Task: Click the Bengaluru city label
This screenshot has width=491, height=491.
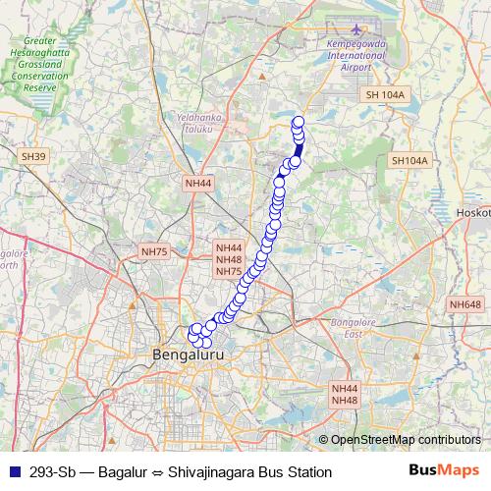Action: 185,353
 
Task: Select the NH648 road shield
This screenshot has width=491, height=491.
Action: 464,305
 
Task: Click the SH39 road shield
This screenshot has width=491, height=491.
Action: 33,156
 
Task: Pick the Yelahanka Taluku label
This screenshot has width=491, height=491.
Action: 194,123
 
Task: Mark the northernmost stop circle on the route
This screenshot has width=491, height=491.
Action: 299,122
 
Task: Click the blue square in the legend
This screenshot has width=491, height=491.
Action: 13,472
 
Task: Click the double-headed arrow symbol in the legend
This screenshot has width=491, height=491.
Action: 161,472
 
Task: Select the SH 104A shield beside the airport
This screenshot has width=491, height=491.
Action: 384,94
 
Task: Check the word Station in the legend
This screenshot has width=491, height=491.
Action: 310,472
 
